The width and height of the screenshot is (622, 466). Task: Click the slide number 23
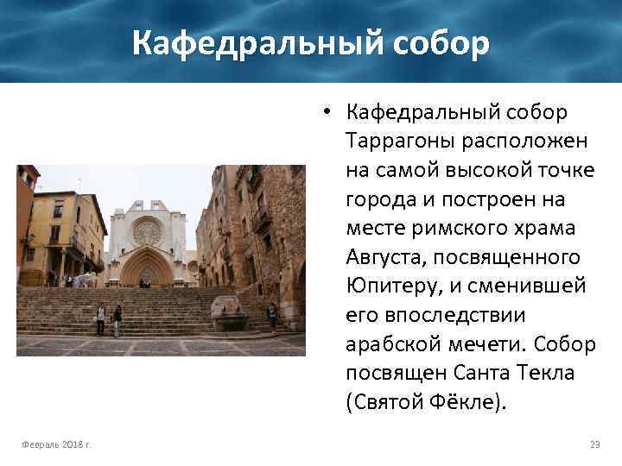click(594, 444)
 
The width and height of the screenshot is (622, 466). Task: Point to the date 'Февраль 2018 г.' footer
click(58, 444)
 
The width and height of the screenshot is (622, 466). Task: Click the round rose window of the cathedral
click(147, 230)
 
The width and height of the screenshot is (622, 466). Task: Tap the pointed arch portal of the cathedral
click(146, 268)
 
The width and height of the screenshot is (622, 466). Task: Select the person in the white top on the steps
click(100, 318)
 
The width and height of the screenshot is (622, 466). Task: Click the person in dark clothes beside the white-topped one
click(117, 318)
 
